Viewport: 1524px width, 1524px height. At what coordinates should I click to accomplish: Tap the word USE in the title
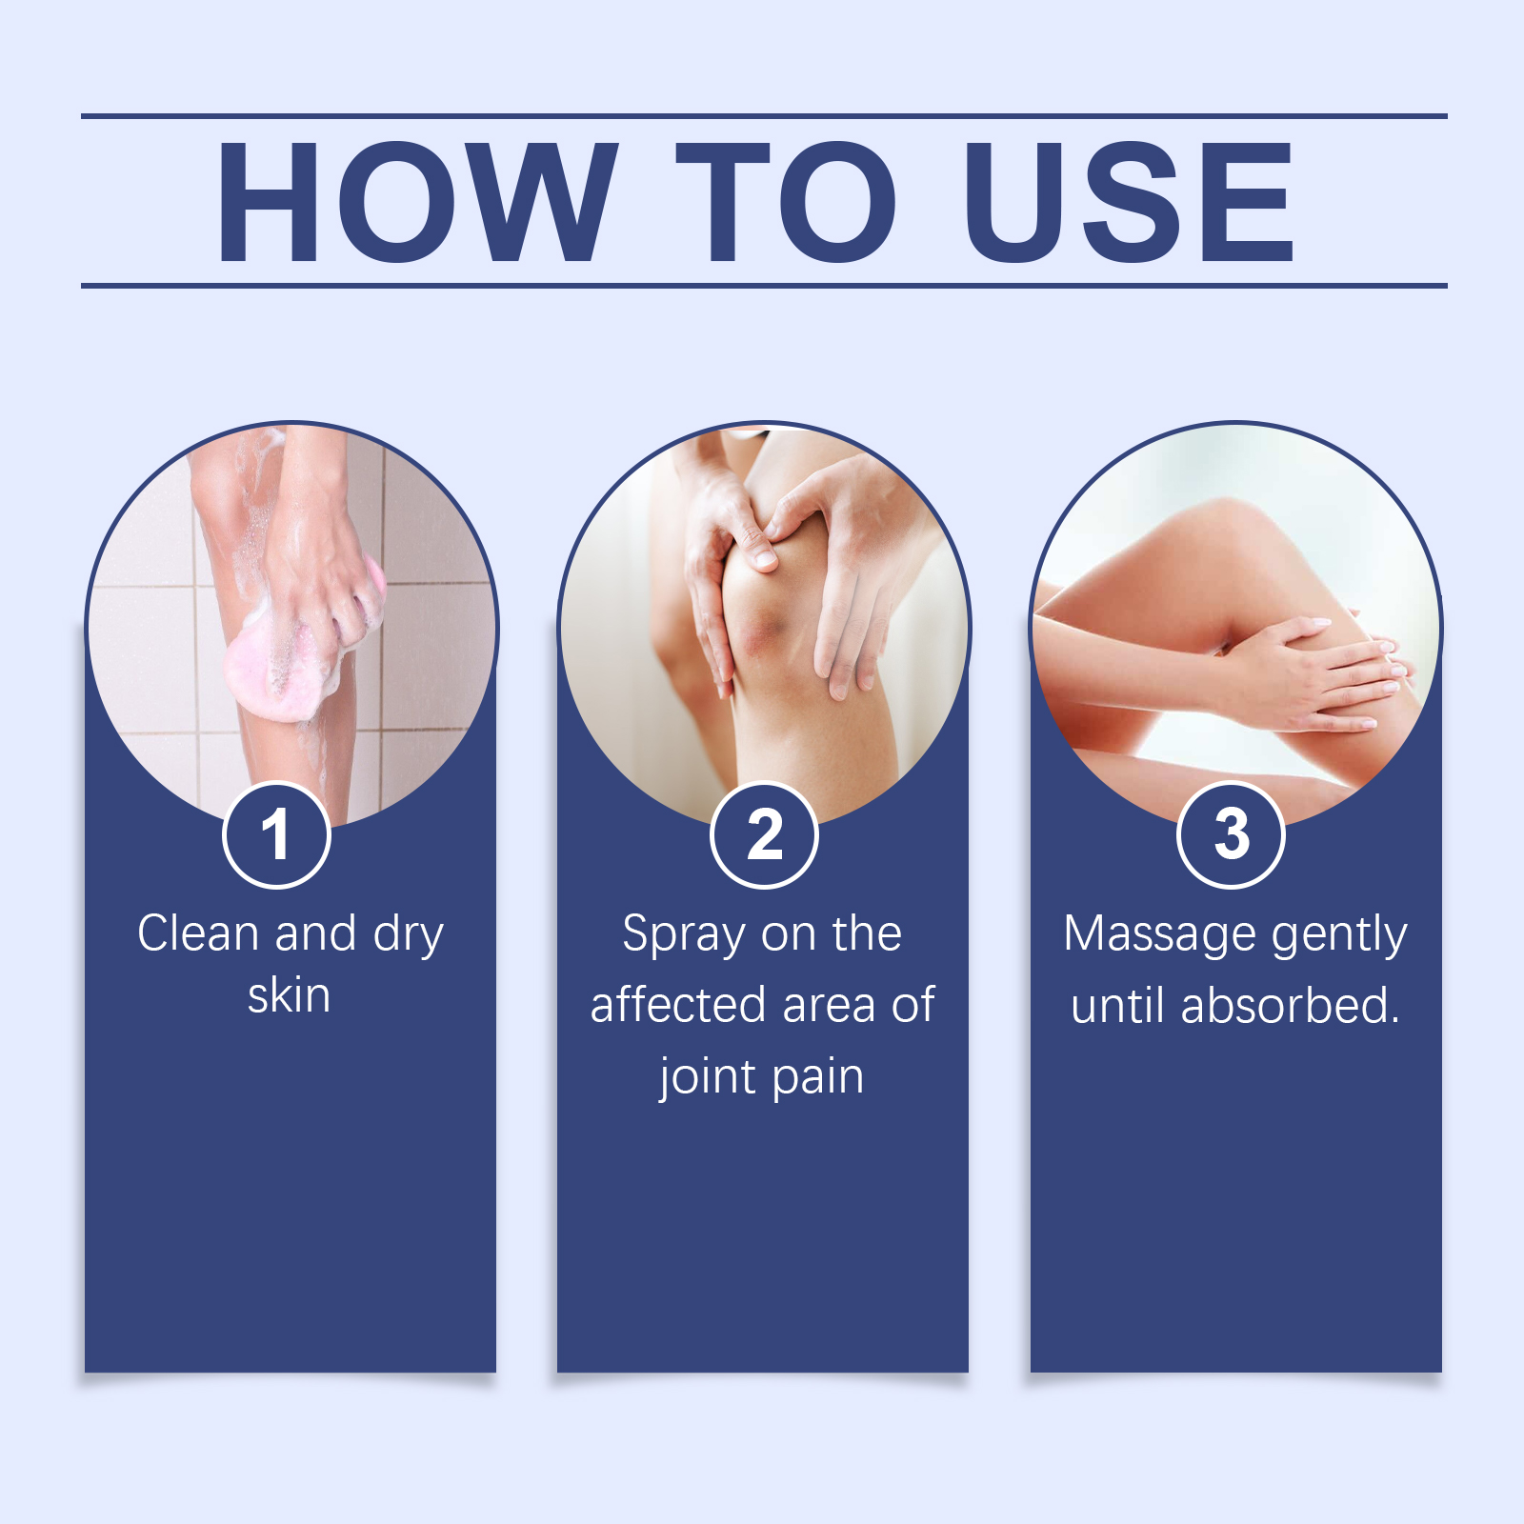[x=1129, y=201]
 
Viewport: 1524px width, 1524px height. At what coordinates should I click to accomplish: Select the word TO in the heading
[x=786, y=201]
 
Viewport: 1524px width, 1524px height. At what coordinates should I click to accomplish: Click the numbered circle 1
[x=276, y=834]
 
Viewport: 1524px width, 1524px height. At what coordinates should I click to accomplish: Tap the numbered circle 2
[x=764, y=834]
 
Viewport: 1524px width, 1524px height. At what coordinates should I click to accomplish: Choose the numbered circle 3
[x=1232, y=834]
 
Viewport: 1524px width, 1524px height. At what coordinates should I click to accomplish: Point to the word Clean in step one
[x=198, y=933]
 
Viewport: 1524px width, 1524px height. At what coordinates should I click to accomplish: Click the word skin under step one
[x=289, y=995]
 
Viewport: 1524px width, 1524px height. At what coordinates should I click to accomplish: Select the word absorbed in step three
[x=1290, y=1005]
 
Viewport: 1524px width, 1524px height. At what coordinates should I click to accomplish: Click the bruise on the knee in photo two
[x=762, y=636]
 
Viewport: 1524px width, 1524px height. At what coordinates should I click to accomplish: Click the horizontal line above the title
[x=764, y=116]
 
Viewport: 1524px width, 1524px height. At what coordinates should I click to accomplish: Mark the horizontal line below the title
[x=764, y=285]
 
